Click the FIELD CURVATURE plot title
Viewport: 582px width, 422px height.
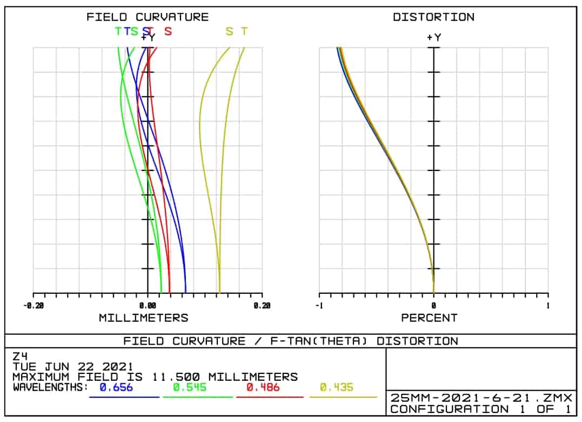pos(148,17)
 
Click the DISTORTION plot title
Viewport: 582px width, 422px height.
pos(433,17)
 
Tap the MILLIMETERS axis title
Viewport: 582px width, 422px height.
pos(143,318)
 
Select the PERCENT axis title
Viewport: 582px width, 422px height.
pos(429,318)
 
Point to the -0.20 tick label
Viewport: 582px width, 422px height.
pos(34,306)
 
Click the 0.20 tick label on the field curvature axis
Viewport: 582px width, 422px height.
pos(262,306)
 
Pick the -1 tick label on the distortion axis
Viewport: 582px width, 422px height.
pos(319,306)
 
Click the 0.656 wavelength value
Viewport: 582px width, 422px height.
pos(116,387)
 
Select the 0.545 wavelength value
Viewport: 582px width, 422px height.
pos(189,387)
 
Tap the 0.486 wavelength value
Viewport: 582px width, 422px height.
pos(263,387)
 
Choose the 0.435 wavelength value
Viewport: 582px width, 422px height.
pos(336,387)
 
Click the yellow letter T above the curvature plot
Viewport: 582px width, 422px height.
pos(244,31)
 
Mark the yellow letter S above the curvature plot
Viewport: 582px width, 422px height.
pos(230,31)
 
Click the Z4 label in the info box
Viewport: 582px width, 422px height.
pos(20,356)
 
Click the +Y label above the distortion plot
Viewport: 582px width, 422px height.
pos(433,37)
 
